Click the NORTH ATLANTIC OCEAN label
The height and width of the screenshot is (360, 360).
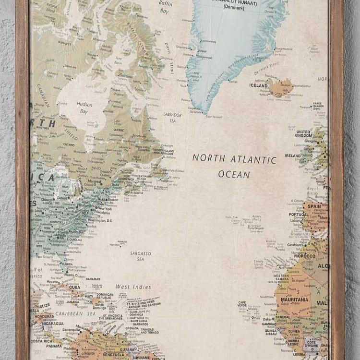click(234, 166)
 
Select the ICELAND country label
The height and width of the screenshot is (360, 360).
click(258, 85)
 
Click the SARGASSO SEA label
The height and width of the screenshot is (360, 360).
click(140, 256)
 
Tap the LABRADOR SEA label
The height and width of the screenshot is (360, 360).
click(172, 118)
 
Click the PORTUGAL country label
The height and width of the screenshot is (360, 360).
click(299, 215)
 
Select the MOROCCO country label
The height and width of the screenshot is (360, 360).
click(305, 256)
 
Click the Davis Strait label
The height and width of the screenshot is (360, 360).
click(168, 48)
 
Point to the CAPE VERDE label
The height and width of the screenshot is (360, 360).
click(242, 304)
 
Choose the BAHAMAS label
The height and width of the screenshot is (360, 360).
click(93, 279)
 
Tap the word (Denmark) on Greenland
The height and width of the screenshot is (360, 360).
click(233, 8)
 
